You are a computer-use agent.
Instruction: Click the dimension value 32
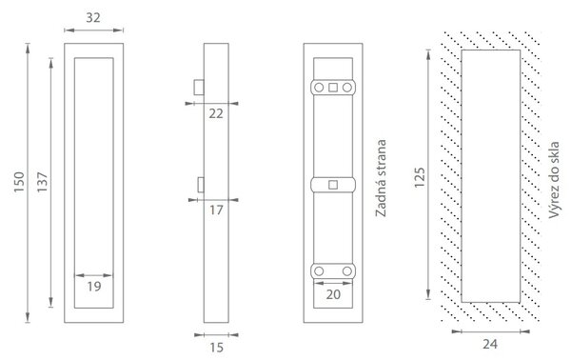pos(93,17)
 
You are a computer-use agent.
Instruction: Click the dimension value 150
pos(19,182)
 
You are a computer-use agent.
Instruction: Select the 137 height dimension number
pos(42,182)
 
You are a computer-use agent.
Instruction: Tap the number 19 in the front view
pos(94,287)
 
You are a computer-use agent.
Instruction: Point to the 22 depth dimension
pos(216,113)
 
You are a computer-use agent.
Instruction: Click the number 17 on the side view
pos(216,210)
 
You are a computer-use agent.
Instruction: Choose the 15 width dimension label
pos(216,348)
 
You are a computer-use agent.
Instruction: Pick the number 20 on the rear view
pos(333,294)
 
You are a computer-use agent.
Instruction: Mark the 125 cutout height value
pos(420,177)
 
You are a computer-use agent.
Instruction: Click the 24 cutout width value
pos(490,344)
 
